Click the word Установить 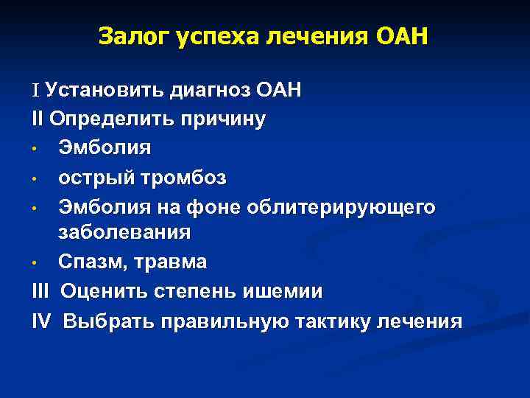click(105, 90)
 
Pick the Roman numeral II click(38, 119)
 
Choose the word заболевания click(124, 233)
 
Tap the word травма click(177, 262)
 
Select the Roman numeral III click(42, 291)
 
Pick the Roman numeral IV click(43, 321)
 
